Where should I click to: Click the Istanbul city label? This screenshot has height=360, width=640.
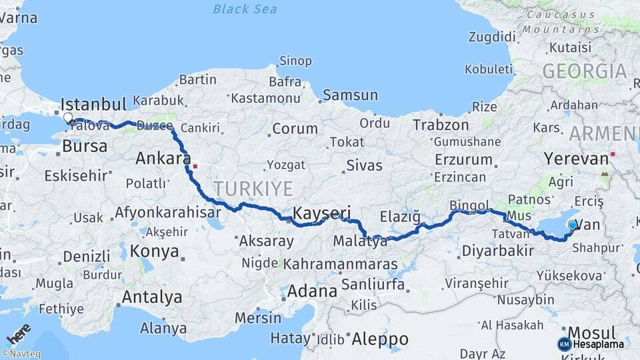(93, 105)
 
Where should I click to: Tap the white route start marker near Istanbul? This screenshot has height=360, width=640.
(67, 118)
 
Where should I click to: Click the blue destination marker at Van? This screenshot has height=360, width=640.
(572, 225)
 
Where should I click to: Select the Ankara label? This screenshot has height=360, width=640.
(163, 159)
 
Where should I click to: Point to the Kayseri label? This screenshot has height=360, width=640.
(322, 213)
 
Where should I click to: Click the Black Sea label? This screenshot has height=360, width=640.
(245, 9)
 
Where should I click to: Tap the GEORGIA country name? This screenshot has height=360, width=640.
(585, 71)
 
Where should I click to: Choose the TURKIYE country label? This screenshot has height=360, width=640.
(253, 189)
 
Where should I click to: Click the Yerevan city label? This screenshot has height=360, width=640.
(576, 159)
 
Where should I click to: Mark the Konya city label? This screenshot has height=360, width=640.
(154, 251)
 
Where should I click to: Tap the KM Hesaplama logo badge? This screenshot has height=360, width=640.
(591, 344)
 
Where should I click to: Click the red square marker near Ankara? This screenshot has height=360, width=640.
(195, 165)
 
